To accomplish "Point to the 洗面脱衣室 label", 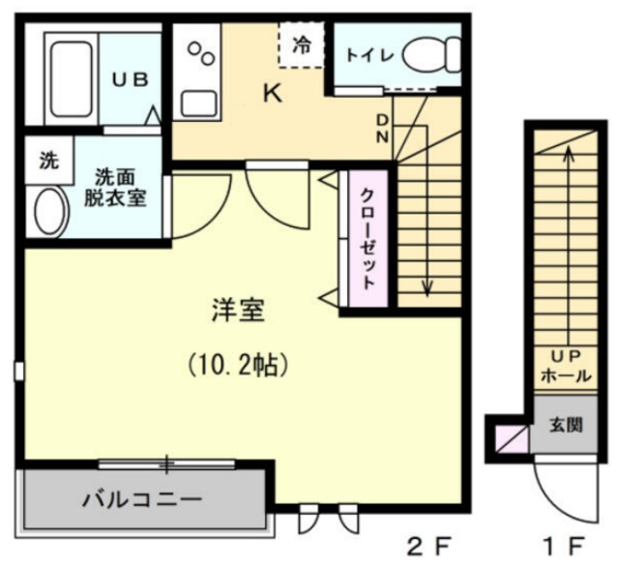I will pyautogui.click(x=119, y=187).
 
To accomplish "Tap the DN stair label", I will pyautogui.click(x=384, y=128).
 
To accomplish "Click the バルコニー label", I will pyautogui.click(x=141, y=500).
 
